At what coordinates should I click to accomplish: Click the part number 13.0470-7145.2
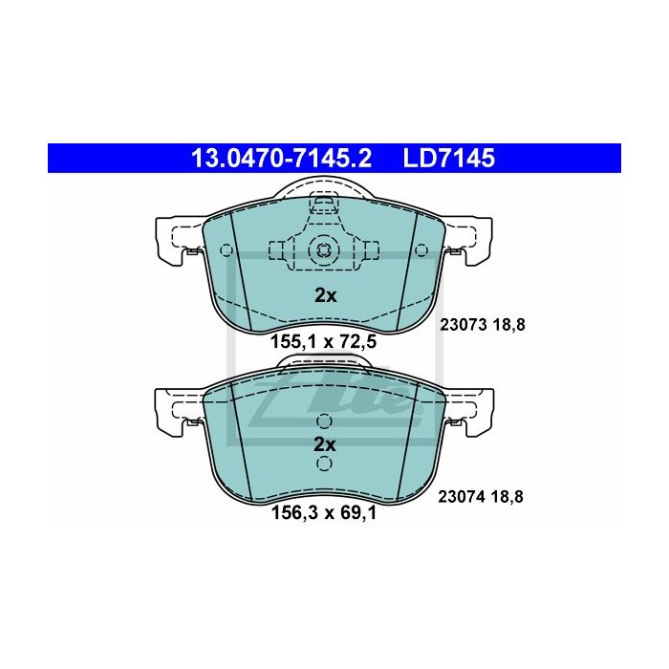(x=281, y=158)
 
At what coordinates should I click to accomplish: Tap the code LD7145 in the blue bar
(x=449, y=158)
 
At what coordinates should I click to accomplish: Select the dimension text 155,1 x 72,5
(x=324, y=342)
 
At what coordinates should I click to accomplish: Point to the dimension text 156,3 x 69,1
(x=324, y=513)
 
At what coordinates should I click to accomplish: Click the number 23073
(x=464, y=326)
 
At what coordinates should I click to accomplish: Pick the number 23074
(x=462, y=497)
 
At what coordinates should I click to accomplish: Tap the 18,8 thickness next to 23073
(x=509, y=326)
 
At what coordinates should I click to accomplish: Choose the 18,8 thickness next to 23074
(x=507, y=497)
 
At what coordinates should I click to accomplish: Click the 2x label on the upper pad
(x=326, y=295)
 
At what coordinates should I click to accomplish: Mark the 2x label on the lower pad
(x=325, y=445)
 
